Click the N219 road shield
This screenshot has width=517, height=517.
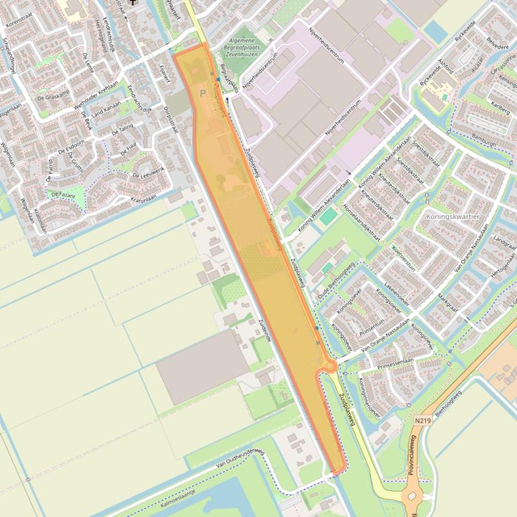[x=422, y=420]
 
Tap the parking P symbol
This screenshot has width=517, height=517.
[x=203, y=93]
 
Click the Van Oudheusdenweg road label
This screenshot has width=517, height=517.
[x=240, y=460]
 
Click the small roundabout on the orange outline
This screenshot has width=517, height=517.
[x=329, y=366]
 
